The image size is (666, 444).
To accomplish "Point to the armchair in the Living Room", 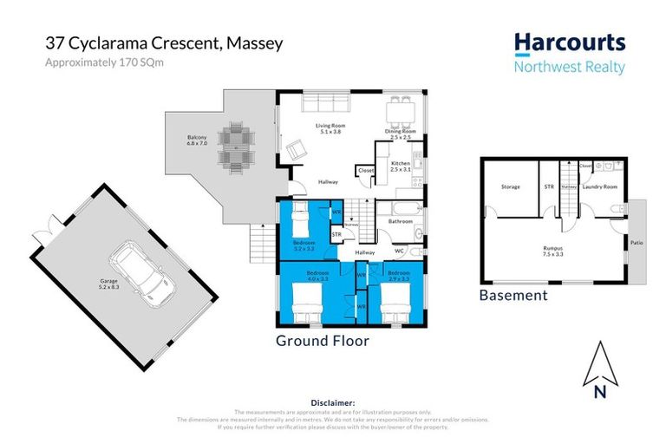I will pyautogui.click(x=297, y=151).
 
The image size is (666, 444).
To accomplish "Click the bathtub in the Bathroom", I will pyautogui.click(x=400, y=209).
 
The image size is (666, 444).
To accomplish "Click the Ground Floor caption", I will pyautogui.click(x=322, y=341).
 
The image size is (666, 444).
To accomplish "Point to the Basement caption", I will pyautogui.click(x=513, y=296).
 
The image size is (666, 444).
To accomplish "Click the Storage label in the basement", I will pyautogui.click(x=510, y=186).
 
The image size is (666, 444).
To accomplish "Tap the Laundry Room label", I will pyautogui.click(x=598, y=186).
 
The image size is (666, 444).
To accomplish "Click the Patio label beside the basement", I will pyautogui.click(x=636, y=244).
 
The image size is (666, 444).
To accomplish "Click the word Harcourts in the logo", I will pyautogui.click(x=568, y=43).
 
